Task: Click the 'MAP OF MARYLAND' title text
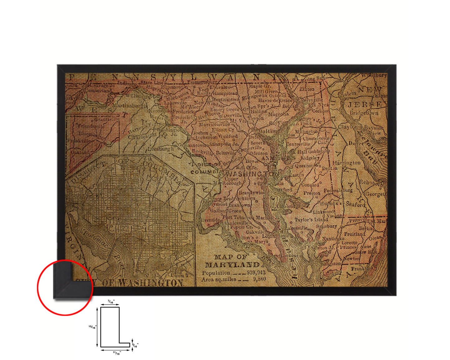[232, 261]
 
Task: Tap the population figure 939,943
[256, 272]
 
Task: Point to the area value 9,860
[259, 279]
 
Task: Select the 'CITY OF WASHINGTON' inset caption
[129, 283]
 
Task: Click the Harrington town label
[346, 163]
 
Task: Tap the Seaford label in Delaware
[355, 205]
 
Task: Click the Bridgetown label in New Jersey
[364, 113]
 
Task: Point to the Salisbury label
[326, 226]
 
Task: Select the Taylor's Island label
[311, 220]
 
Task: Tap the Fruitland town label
[354, 234]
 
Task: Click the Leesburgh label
[161, 149]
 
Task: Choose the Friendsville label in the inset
[91, 126]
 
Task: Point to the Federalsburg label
[338, 190]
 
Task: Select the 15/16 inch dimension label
[92, 327]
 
